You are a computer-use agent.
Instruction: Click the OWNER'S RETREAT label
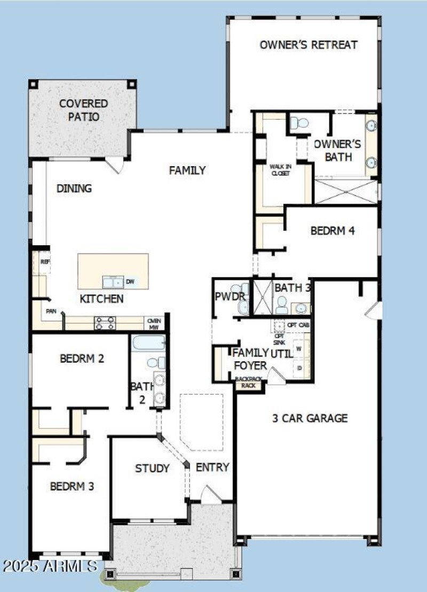tap(309, 45)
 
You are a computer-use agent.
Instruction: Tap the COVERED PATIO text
tap(83, 110)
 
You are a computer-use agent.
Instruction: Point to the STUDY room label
tap(152, 469)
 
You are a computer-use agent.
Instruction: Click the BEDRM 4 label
tap(333, 231)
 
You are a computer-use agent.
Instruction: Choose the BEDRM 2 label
tap(82, 359)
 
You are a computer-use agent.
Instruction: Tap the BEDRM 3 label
tap(72, 487)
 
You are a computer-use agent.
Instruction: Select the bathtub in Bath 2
tap(148, 342)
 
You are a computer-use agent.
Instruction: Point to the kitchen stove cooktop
tap(105, 323)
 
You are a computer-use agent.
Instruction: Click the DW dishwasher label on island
tap(130, 282)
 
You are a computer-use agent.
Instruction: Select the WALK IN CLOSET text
tap(280, 170)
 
